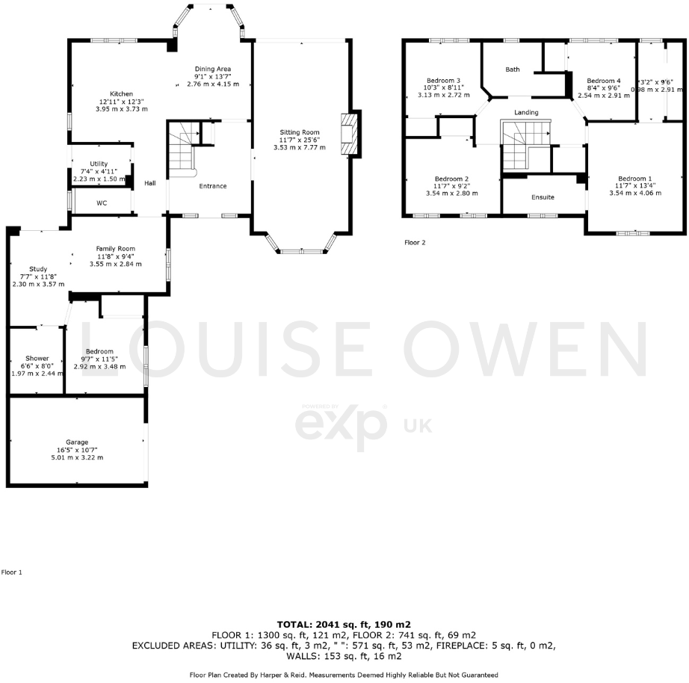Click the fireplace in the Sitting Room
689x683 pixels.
(x=349, y=135)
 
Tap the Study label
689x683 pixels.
(x=38, y=269)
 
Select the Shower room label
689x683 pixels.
(x=37, y=358)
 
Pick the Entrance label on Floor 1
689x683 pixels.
(x=213, y=186)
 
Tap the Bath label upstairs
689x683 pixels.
(x=513, y=69)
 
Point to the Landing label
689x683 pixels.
(x=526, y=113)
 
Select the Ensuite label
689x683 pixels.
(x=543, y=197)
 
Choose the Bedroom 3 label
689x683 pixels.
(x=443, y=80)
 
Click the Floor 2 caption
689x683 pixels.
(x=415, y=243)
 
